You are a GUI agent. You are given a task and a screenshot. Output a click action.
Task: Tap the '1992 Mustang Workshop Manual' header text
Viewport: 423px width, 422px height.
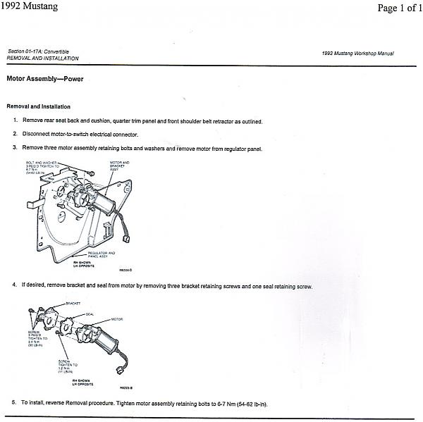pyautogui.click(x=357, y=54)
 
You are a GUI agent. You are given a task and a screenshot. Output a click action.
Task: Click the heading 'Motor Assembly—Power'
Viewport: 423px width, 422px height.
pyautogui.click(x=44, y=79)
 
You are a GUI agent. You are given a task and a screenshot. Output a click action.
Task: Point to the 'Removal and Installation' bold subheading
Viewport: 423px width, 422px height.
pyautogui.click(x=38, y=106)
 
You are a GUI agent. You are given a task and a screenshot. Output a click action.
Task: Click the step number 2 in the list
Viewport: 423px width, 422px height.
pyautogui.click(x=15, y=134)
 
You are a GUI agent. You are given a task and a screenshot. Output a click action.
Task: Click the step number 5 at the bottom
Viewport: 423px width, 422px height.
pyautogui.click(x=14, y=404)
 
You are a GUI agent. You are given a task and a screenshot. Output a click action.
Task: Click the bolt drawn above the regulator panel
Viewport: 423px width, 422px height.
pyautogui.click(x=91, y=173)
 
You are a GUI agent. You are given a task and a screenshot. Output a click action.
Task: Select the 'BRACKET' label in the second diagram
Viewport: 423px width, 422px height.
pyautogui.click(x=73, y=303)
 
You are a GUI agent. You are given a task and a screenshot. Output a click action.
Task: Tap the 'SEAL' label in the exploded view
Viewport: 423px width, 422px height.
pyautogui.click(x=90, y=314)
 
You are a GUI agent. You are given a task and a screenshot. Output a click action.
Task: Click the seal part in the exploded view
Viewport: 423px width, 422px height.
pyautogui.click(x=69, y=328)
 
